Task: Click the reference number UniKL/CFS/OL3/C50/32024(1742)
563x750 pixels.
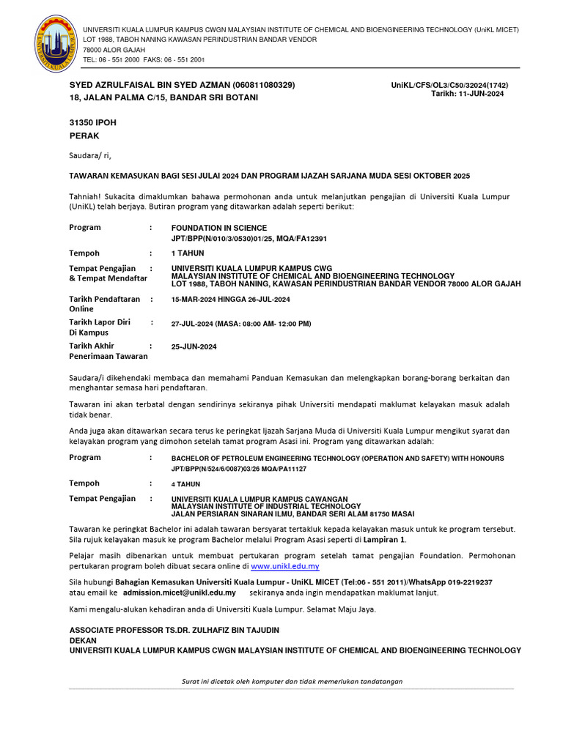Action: [449, 85]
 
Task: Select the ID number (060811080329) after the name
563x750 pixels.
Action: [263, 85]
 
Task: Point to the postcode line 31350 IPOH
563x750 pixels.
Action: [92, 122]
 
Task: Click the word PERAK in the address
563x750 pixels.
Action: [84, 135]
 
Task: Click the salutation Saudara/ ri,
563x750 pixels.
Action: [90, 155]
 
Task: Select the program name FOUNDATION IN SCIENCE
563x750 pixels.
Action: [219, 228]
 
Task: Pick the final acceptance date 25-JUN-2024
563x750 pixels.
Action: [194, 346]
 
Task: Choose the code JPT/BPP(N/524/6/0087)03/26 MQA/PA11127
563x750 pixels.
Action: [239, 469]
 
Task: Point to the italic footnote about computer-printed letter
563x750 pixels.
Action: [292, 681]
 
